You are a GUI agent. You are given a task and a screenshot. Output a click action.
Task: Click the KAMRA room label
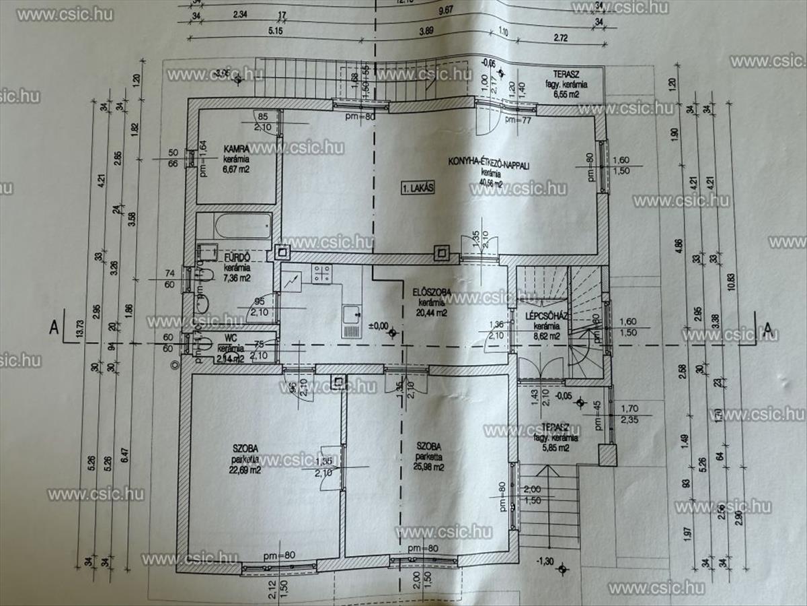point(237,149)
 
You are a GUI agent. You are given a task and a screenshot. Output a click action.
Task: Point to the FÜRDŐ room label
point(237,257)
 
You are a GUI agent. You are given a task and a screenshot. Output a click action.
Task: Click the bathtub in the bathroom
point(234,226)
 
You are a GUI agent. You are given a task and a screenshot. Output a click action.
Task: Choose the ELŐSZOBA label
point(432,292)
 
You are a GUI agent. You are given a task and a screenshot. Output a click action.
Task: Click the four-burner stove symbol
point(321,273)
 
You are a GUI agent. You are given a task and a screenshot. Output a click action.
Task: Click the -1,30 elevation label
point(544,561)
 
